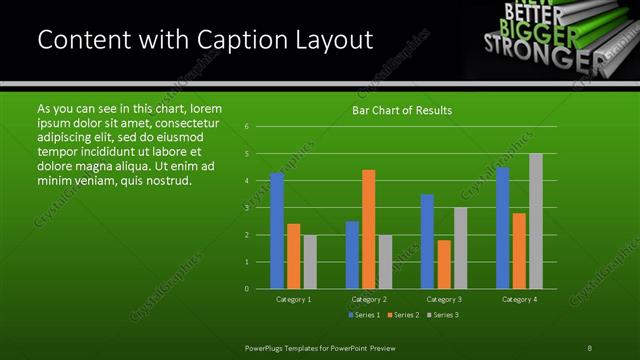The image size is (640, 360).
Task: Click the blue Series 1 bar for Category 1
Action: coord(277,231)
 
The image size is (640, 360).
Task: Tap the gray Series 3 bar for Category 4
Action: coord(536,221)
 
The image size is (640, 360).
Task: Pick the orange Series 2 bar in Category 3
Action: coord(444,264)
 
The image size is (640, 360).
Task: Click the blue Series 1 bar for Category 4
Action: coord(503,228)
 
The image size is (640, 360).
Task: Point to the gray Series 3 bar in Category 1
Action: coord(310,262)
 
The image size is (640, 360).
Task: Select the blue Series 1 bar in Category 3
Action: coord(428,241)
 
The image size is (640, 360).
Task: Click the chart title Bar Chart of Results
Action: coord(402,110)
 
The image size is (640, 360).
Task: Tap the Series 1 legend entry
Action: coord(363,316)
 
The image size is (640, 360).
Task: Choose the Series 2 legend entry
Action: coord(402,316)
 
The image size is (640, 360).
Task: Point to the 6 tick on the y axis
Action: coord(247,127)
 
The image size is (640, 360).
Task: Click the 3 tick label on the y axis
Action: coord(247,208)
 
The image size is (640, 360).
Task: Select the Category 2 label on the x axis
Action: coord(369,299)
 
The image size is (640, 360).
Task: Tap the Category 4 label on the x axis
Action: coord(519,299)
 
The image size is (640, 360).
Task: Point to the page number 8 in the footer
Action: coord(589,347)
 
